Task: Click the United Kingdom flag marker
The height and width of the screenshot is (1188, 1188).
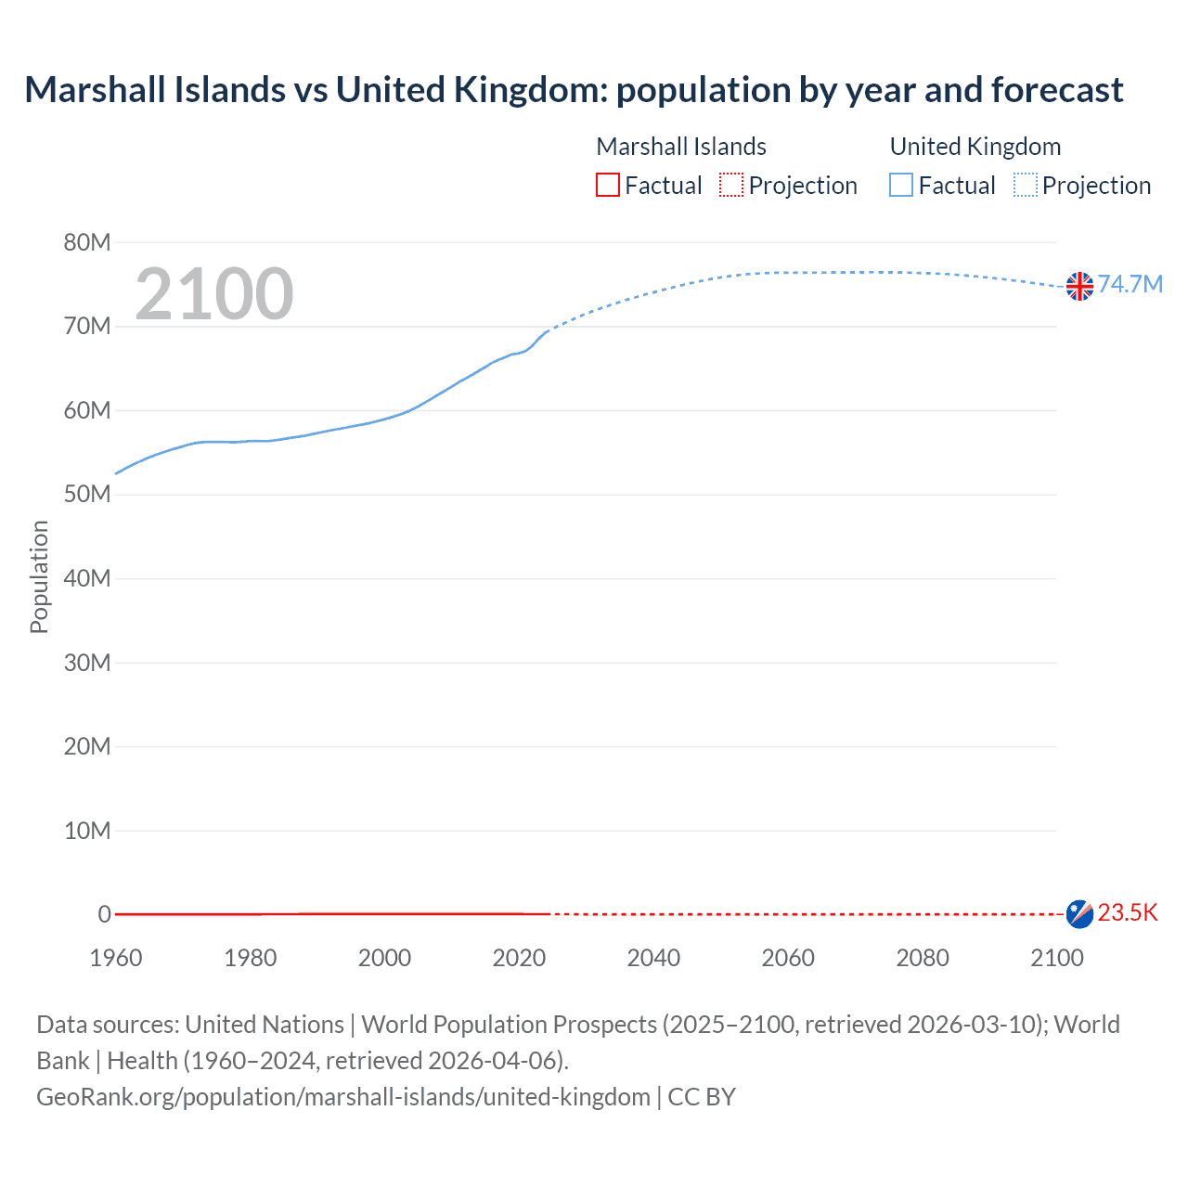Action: click(x=1079, y=286)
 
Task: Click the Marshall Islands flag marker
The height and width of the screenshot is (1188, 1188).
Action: click(x=1079, y=913)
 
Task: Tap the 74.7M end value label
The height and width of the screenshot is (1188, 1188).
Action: click(x=1130, y=284)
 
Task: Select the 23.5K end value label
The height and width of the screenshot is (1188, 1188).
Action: click(x=1128, y=913)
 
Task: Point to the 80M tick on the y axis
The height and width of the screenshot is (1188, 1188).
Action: click(x=86, y=243)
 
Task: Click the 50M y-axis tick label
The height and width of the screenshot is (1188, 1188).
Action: click(x=86, y=495)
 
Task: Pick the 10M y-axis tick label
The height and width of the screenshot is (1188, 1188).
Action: click(x=86, y=831)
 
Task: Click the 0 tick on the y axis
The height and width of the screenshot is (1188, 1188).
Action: click(x=104, y=914)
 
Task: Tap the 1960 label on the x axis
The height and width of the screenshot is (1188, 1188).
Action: click(x=116, y=958)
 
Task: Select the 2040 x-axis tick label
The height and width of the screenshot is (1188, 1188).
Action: click(x=653, y=958)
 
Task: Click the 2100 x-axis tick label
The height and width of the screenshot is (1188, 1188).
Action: click(x=1056, y=958)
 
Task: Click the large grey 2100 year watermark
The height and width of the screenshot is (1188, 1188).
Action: click(x=214, y=294)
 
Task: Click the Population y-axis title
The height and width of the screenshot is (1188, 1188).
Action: click(x=39, y=577)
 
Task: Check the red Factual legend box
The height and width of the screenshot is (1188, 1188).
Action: click(x=608, y=186)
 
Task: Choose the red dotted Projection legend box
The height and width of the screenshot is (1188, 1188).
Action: click(x=731, y=186)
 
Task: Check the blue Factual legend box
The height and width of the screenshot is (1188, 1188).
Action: click(x=901, y=186)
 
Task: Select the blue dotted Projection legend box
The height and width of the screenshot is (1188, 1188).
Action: click(x=1025, y=186)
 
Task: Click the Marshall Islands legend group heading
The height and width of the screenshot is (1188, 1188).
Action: click(x=681, y=147)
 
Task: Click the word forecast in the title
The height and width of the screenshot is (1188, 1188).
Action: click(x=1057, y=90)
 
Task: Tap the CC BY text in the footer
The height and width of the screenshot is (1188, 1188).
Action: click(x=702, y=1097)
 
